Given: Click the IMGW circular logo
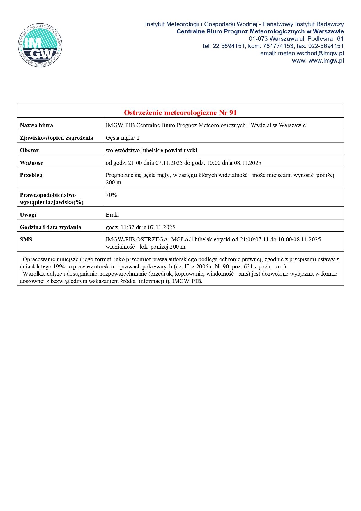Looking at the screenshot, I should point(40,45).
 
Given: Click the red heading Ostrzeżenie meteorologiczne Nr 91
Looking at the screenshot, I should point(180,112).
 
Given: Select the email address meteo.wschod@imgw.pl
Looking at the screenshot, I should point(311,53).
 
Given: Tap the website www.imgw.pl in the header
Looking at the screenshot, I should point(326,61).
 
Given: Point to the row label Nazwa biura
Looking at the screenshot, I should point(36,125).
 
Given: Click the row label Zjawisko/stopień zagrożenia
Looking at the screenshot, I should point(56,138).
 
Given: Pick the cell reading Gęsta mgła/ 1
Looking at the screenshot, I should point(122,138).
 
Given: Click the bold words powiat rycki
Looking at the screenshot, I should point(181,150).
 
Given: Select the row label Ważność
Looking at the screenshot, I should point(31,163).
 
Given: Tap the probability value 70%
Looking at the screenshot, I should point(111,195).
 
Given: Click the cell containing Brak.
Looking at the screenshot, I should point(112,215).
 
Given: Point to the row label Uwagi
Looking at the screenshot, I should point(28,215).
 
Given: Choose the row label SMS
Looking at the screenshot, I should point(26,239).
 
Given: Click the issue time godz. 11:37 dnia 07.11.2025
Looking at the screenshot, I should point(140,227).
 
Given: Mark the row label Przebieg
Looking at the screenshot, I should point(31,175).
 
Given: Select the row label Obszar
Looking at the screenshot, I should point(29,150).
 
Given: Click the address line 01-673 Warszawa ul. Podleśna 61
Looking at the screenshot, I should point(296,39).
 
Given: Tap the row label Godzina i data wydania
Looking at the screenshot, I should point(50,227).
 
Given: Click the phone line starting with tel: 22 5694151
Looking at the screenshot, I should point(273,46).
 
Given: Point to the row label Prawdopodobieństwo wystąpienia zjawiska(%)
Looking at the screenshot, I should point(52,198).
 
